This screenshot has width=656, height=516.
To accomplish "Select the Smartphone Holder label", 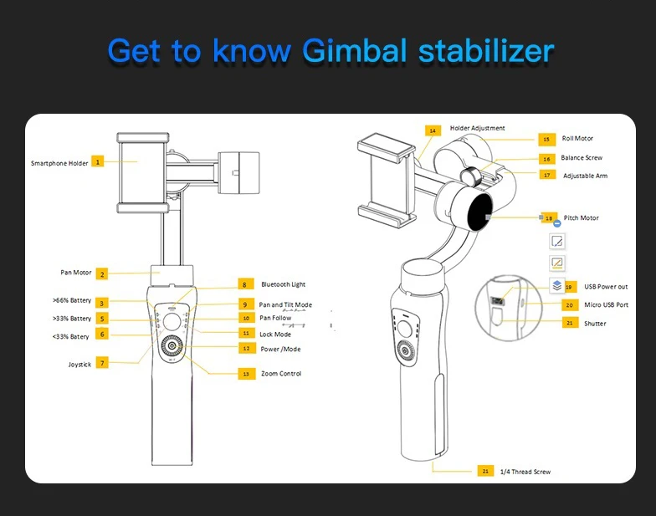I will (x=59, y=163).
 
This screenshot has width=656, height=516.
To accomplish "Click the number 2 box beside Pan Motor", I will (x=101, y=273).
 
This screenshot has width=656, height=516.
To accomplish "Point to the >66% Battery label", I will (x=71, y=300).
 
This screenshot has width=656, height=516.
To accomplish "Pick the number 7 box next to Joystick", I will (x=102, y=363).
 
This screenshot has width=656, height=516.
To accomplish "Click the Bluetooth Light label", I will (x=283, y=284).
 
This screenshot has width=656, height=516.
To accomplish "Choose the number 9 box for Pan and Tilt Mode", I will (x=245, y=304).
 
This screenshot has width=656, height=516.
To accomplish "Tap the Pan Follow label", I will (x=275, y=318).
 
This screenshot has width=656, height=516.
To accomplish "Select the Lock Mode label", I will (x=275, y=334).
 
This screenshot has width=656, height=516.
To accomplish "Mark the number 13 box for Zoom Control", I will (x=245, y=374).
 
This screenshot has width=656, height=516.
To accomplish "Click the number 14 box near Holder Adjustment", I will (x=432, y=130).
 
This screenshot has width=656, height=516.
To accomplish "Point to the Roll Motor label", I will (x=577, y=139).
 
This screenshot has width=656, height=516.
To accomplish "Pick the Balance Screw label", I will (x=582, y=157).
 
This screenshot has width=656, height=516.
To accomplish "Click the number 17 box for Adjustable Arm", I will (x=547, y=175).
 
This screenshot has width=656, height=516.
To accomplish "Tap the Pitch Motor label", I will (x=581, y=218).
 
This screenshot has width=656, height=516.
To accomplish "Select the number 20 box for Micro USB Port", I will (x=570, y=305).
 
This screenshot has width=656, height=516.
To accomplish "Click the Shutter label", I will (x=595, y=323).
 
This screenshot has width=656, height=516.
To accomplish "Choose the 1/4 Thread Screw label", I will (x=525, y=472).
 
